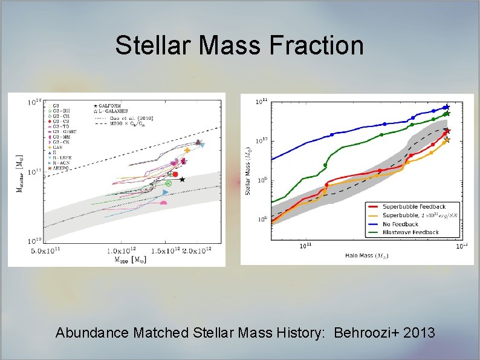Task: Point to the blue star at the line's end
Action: [x=447, y=107]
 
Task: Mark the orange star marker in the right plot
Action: [x=447, y=140]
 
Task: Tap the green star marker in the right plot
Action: [x=447, y=114]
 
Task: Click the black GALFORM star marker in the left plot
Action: [x=182, y=179]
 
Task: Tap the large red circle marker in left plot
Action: [x=175, y=174]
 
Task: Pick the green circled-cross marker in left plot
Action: [x=169, y=183]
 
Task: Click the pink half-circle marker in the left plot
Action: [x=163, y=203]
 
